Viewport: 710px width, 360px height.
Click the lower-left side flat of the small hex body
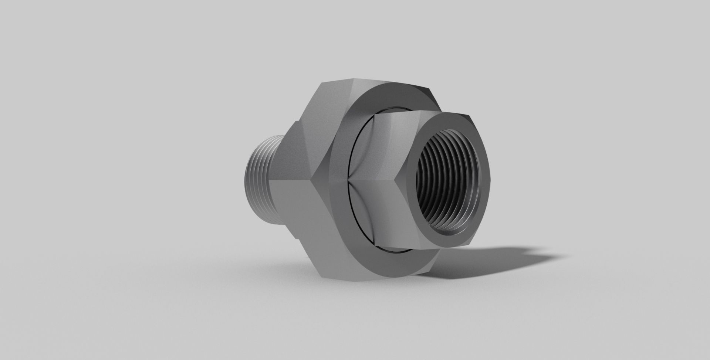point(385,214)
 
